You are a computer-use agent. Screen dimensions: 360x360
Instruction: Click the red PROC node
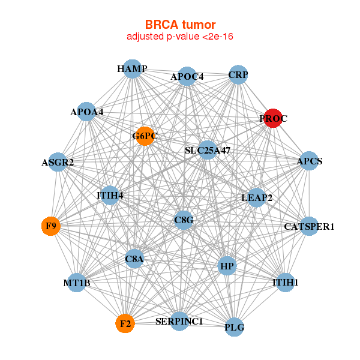click(274, 119)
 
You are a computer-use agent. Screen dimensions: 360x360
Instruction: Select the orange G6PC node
click(145, 136)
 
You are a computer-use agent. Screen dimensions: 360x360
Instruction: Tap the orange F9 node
click(51, 226)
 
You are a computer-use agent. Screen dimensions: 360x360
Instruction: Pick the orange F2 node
click(125, 324)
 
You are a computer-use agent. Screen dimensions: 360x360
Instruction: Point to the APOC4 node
click(187, 77)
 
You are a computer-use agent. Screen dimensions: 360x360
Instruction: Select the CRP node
click(238, 75)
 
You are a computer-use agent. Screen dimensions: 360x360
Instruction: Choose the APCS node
click(308, 161)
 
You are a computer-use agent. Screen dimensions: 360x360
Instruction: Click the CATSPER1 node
click(309, 226)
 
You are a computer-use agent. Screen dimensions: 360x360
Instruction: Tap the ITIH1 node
click(286, 282)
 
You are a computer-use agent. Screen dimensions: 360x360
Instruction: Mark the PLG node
click(235, 328)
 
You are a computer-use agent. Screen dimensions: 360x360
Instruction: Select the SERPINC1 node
click(179, 322)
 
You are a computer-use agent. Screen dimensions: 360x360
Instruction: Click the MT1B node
click(76, 283)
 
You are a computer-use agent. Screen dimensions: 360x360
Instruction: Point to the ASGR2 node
click(58, 163)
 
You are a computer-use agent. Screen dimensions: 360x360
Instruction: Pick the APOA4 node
click(87, 112)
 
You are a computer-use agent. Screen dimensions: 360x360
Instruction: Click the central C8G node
click(184, 220)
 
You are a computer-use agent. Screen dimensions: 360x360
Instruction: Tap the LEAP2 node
click(257, 198)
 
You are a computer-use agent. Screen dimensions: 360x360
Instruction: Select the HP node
click(227, 266)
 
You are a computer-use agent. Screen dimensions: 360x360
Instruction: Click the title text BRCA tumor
click(180, 25)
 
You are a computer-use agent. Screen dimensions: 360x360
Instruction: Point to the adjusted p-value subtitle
click(180, 37)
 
